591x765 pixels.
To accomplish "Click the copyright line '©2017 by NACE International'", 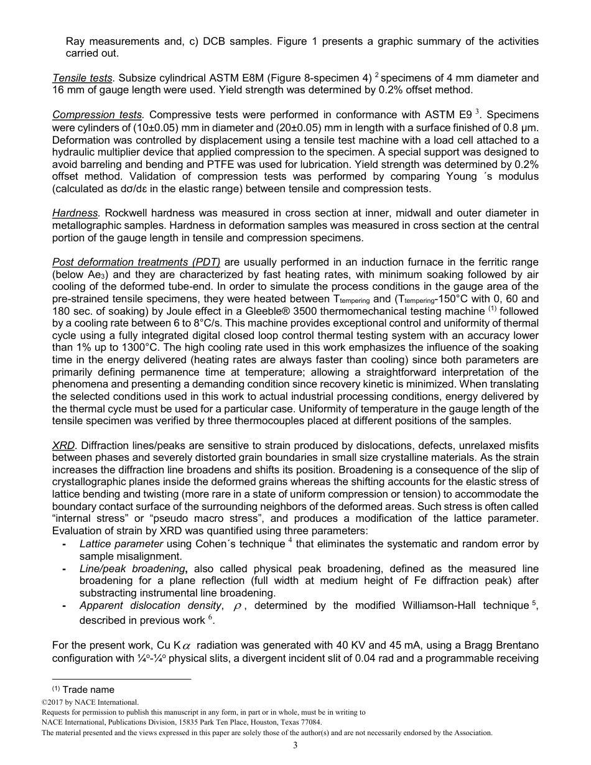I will [90, 702].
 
